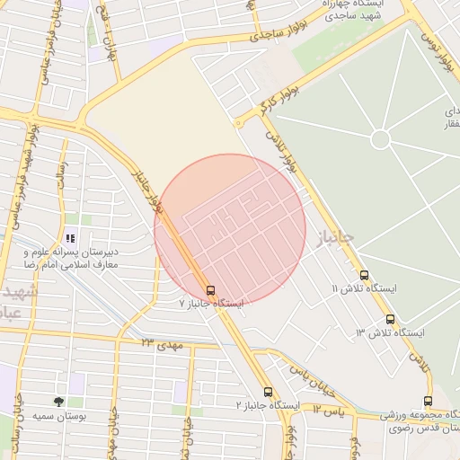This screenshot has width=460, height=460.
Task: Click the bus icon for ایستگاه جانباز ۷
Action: (x=210, y=290)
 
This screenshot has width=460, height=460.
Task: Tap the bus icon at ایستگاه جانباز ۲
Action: (x=268, y=392)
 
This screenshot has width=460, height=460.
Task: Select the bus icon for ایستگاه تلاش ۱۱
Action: (x=364, y=276)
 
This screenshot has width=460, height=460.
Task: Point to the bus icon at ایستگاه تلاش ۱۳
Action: (x=390, y=319)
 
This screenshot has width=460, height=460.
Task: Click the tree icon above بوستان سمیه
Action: (x=58, y=402)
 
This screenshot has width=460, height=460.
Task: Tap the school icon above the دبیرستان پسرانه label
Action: (x=69, y=239)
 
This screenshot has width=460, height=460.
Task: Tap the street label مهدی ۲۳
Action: (x=162, y=344)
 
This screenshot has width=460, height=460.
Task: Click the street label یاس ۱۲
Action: (x=330, y=409)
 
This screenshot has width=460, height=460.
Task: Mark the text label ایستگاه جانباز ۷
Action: (x=212, y=304)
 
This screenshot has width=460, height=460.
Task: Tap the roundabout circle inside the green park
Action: (x=380, y=139)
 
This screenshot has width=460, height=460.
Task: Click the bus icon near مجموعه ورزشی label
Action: (x=428, y=402)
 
